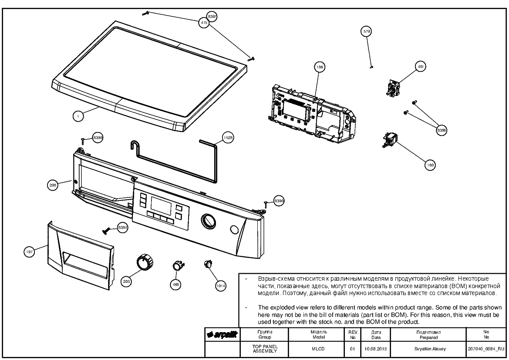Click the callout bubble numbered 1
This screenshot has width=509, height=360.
click(x=78, y=116)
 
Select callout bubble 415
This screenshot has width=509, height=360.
click(x=204, y=22)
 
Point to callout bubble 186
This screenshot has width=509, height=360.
click(x=320, y=68)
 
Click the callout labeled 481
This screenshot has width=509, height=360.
click(x=421, y=67)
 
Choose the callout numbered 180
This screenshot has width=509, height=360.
click(x=430, y=165)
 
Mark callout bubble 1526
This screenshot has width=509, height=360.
click(x=228, y=137)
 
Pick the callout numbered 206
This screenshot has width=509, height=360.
click(x=53, y=185)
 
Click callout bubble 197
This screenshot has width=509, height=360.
click(x=29, y=251)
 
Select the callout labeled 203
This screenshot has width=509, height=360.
click(x=127, y=282)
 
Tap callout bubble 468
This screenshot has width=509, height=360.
click(x=175, y=284)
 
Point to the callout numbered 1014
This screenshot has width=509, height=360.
click(x=221, y=285)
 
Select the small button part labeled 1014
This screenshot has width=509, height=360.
click(x=207, y=264)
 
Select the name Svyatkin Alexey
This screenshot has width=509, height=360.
click(x=428, y=349)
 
